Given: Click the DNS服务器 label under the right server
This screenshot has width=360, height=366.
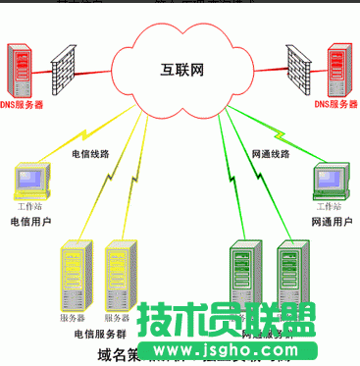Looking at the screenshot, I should click(x=334, y=103).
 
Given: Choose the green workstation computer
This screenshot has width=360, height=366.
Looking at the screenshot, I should click(x=328, y=182).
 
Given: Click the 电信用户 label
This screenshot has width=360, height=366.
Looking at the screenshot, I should click(x=29, y=223).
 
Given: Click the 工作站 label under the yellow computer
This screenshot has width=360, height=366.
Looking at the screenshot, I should click(x=30, y=208).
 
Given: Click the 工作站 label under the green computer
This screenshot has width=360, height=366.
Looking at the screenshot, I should click(x=330, y=208).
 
